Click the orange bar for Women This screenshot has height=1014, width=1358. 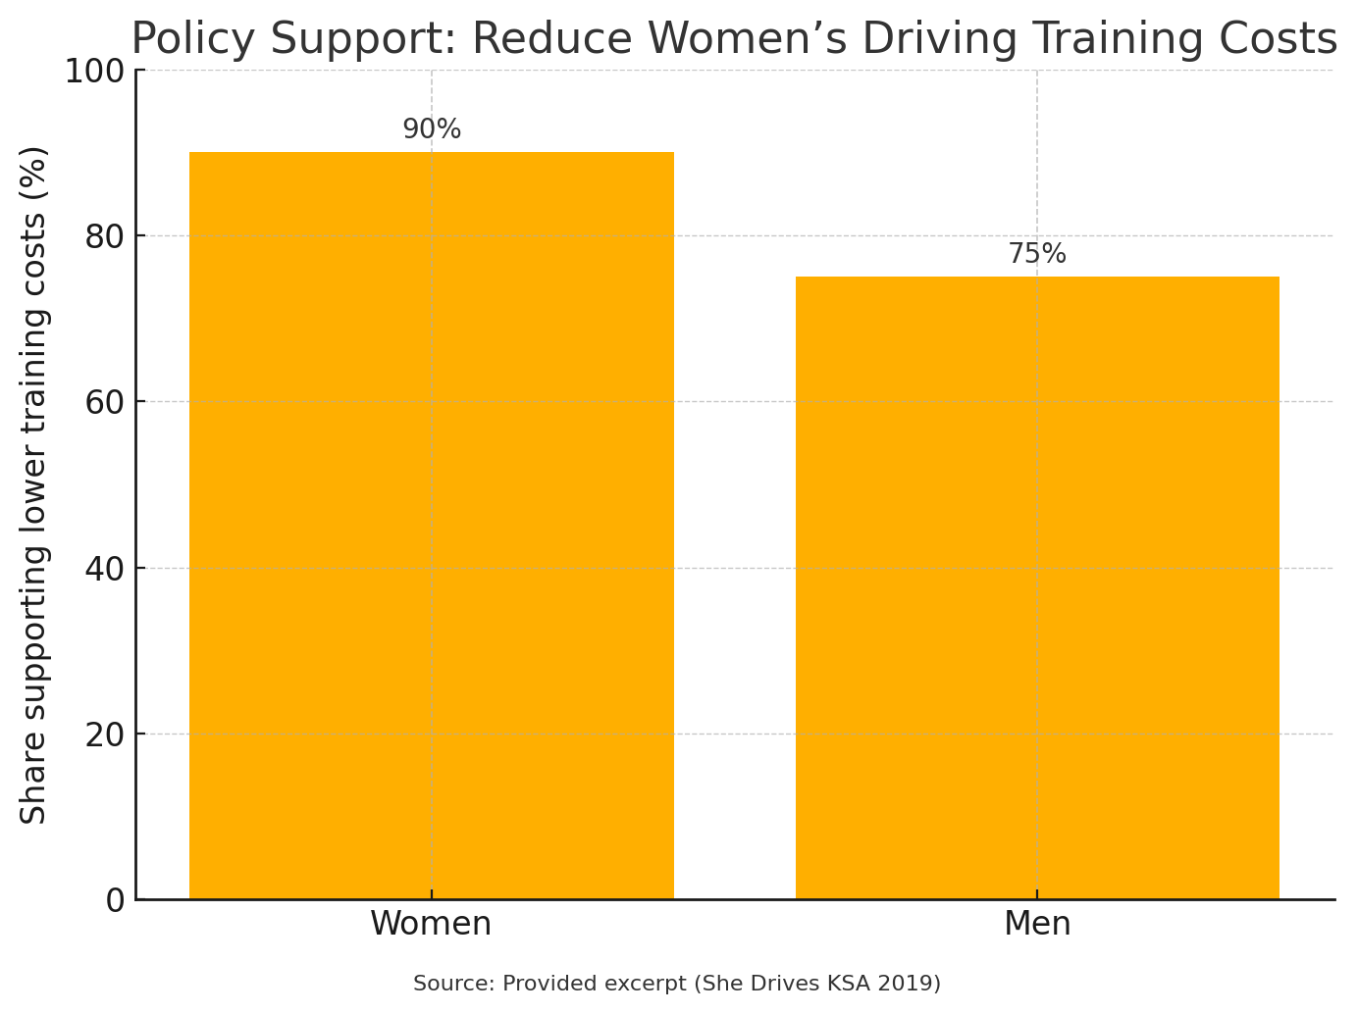point(431,526)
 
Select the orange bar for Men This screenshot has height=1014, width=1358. point(1037,587)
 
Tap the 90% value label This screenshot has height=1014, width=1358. point(432,129)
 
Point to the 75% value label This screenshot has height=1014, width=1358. point(1037,254)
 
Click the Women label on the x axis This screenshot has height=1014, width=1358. point(431,924)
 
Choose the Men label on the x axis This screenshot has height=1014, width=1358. point(1037,924)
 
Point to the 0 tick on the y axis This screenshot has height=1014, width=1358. point(115,900)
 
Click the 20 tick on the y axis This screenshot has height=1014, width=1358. point(104,735)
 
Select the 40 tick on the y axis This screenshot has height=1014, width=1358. point(104,569)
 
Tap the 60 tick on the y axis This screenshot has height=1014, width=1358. point(104,402)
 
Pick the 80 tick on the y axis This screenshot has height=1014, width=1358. point(104,236)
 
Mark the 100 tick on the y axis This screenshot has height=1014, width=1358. point(94,71)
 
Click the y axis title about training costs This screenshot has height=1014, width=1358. point(34,484)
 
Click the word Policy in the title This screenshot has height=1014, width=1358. point(192,39)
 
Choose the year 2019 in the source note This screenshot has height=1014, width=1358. point(910,984)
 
